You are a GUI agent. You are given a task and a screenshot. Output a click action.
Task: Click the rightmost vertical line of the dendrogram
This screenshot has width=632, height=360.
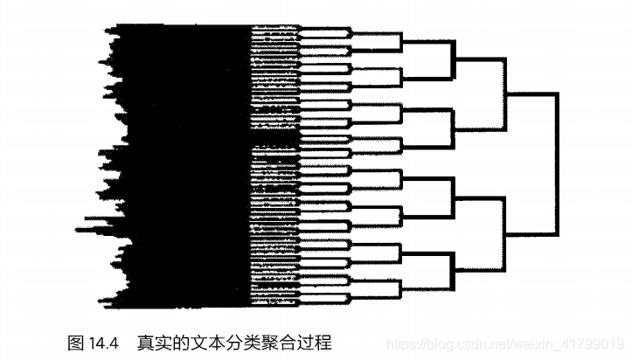[556, 164]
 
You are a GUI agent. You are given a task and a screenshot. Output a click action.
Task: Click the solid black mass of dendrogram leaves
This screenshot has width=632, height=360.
[184, 157]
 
